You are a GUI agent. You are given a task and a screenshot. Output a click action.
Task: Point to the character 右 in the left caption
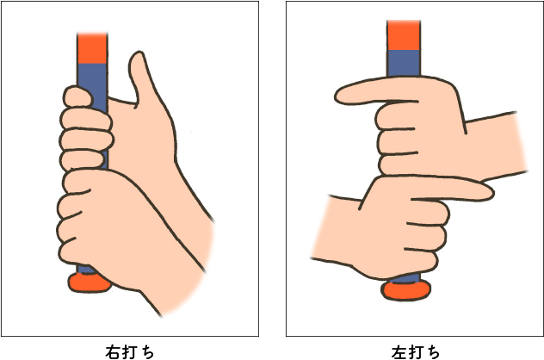pos(113,351)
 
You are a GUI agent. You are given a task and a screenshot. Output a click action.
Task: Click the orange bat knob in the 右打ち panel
pos(87,281)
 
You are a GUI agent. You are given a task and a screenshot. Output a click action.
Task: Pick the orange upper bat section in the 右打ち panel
pos(92,48)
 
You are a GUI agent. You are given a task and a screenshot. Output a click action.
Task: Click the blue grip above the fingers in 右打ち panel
pos(92,75)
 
